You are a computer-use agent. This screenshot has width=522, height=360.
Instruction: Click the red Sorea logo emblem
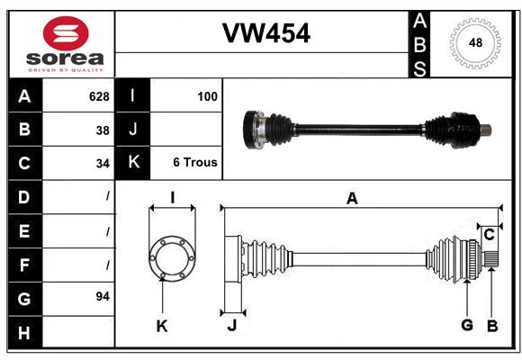[x=66, y=33]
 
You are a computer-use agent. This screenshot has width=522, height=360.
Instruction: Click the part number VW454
[x=266, y=33]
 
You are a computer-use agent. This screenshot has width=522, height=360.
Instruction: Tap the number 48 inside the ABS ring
[x=475, y=42]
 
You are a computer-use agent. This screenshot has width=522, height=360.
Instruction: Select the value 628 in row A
[x=99, y=96]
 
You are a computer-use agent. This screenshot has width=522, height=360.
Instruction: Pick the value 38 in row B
[x=103, y=130]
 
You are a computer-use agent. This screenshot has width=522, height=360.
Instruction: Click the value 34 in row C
[x=103, y=164]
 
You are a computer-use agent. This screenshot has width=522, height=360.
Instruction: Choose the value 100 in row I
[x=207, y=96]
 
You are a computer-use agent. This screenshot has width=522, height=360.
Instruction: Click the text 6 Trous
[x=195, y=162]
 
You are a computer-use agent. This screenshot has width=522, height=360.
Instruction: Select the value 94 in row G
[x=103, y=296]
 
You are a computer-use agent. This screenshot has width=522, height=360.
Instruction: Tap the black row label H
[x=25, y=332]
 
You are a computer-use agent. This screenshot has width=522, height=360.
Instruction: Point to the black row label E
[x=25, y=230]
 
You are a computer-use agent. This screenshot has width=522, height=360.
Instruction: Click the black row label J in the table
[x=132, y=129]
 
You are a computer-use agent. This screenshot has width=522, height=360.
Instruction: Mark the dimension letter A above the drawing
[x=352, y=199]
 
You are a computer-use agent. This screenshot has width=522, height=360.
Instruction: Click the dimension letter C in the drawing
[x=489, y=235]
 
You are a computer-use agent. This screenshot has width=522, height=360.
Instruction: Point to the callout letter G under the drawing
[x=467, y=325]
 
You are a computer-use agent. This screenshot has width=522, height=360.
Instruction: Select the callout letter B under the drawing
[x=492, y=326]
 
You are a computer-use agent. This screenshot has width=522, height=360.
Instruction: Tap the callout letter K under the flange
[x=162, y=327]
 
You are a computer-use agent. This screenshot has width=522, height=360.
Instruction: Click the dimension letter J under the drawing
[x=232, y=326]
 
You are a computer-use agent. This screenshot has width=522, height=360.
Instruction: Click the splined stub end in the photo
[x=486, y=130]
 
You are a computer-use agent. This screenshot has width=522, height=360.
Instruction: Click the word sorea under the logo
[x=65, y=58]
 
